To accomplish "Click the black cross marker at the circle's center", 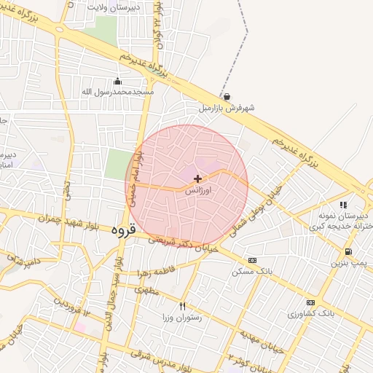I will point(197,178).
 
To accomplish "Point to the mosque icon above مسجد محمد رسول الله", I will point(117,81).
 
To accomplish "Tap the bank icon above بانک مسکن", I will point(252,260).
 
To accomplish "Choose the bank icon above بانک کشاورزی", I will point(310,302).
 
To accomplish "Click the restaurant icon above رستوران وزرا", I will point(182,306).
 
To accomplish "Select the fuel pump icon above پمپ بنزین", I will point(349,253).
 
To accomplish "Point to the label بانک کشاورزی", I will point(310,313).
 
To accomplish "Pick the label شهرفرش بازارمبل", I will point(227,108).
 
